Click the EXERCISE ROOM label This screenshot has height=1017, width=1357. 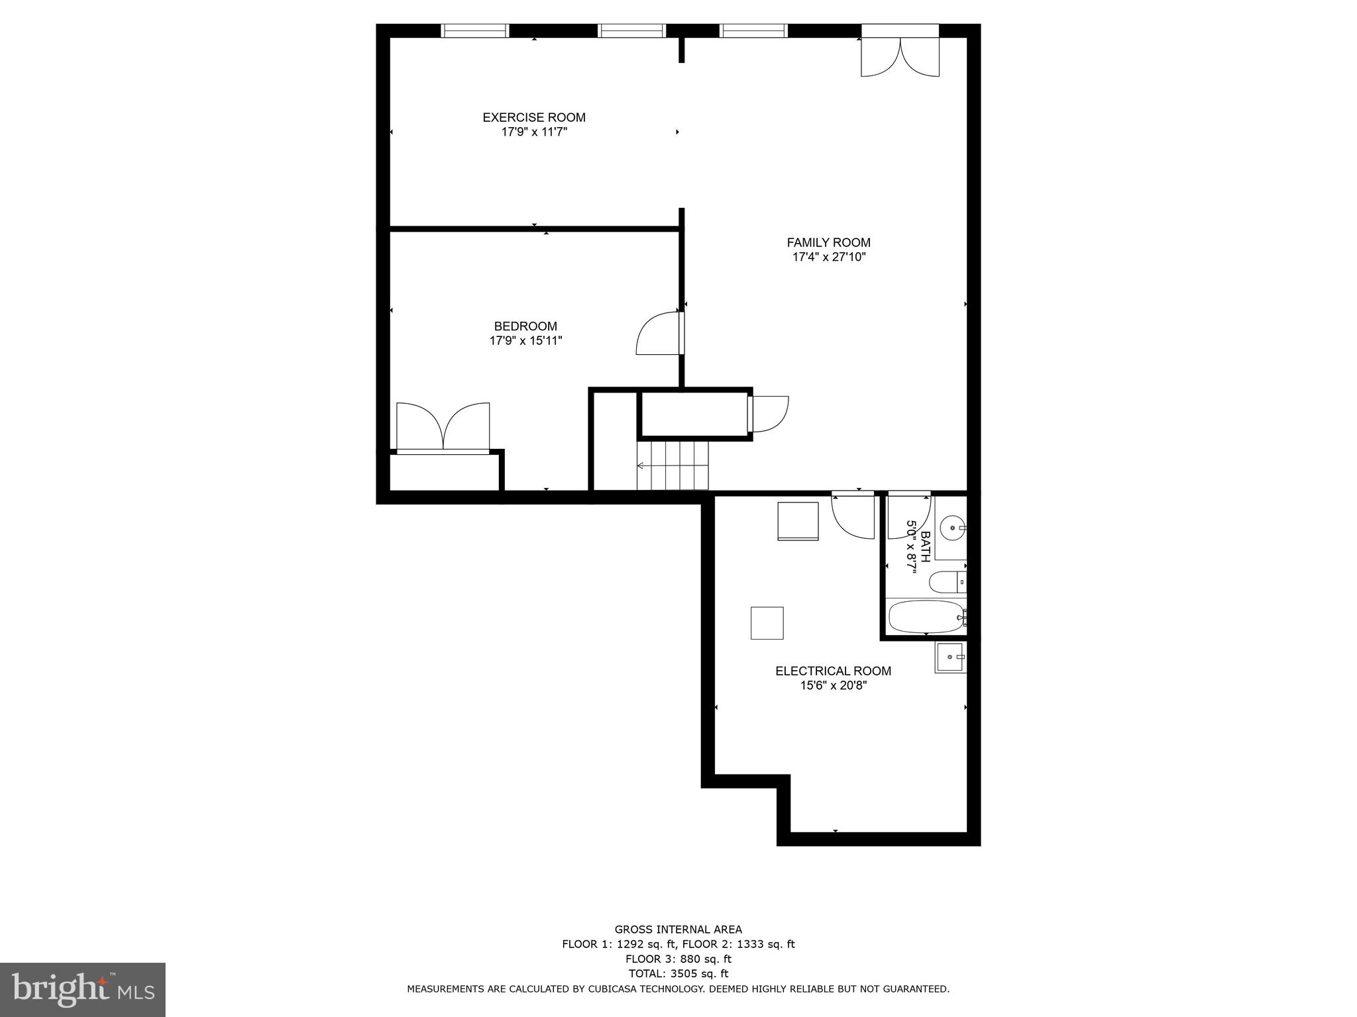point(533,117)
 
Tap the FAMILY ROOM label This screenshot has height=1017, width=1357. point(828,242)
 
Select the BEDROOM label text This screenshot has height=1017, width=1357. point(525,326)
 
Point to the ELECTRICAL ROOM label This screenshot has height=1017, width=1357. point(833,671)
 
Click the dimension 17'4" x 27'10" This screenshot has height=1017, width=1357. point(829,257)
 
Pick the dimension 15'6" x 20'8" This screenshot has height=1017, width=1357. point(833,685)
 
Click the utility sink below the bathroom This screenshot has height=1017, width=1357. point(951,657)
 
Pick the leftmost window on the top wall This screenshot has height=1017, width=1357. point(474,30)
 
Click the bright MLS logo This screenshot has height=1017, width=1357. point(82,989)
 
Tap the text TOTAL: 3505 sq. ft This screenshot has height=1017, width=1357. point(678,973)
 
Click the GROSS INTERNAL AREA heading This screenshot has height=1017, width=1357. point(678,929)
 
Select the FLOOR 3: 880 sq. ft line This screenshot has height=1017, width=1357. point(678,959)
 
